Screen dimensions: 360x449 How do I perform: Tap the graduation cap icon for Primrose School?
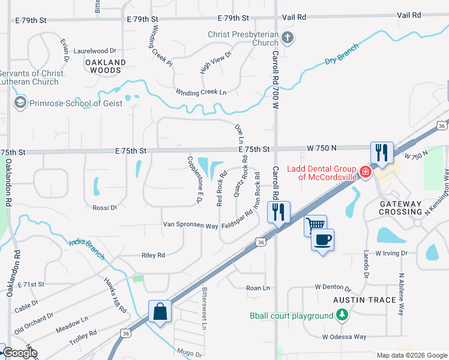[20, 103]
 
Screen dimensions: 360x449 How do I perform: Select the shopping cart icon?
[315, 226]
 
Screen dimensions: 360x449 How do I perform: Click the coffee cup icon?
[322, 240]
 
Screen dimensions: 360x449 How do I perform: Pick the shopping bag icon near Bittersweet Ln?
[160, 311]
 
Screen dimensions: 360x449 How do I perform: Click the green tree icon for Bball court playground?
[342, 315]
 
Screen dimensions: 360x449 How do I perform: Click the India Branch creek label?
[86, 249]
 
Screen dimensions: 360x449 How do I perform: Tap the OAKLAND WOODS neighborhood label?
[106, 66]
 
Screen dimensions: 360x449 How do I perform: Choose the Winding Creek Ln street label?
[201, 92]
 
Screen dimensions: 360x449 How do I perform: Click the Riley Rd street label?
[153, 255]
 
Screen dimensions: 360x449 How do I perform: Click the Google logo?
[19, 353]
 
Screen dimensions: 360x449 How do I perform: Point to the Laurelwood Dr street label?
[94, 52]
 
